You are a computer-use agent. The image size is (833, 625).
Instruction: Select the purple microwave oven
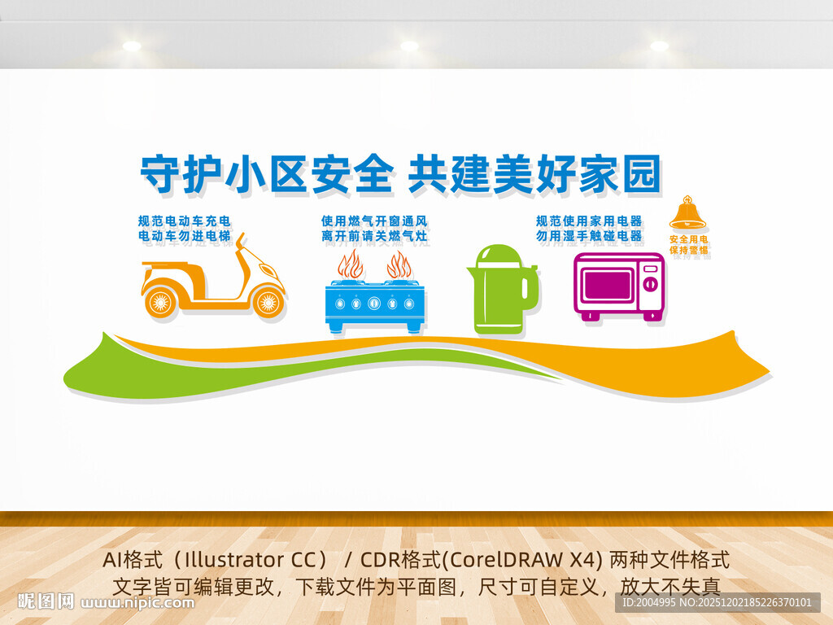coord(618,285)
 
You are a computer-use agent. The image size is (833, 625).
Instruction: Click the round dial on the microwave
coord(651,284)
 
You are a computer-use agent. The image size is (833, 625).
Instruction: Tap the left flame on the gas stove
coord(351,265)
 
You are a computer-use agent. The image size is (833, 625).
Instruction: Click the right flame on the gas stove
coord(399,265)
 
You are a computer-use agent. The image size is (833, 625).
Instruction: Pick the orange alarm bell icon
coord(687,213)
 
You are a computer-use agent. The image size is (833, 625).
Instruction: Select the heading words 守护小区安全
coord(267,174)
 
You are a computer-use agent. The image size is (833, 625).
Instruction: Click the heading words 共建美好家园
coord(533,174)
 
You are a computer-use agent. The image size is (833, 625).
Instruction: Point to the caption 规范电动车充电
coord(185,221)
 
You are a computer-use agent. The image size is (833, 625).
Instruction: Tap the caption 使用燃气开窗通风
coord(374,221)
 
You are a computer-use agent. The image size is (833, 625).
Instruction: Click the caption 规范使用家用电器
coord(589,221)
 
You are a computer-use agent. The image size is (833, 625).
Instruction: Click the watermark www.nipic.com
coord(138,603)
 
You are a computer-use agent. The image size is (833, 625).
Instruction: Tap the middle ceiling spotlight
coord(409,46)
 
